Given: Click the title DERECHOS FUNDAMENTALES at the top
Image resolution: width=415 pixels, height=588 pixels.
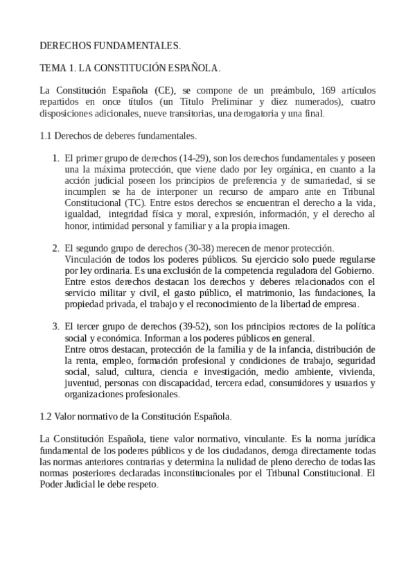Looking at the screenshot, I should (110, 46).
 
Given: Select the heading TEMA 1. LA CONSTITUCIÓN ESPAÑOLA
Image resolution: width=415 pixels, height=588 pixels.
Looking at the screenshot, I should (130, 69).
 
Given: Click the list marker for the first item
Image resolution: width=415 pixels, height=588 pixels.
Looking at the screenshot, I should (56, 159).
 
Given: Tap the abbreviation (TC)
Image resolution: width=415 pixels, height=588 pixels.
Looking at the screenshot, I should (136, 203).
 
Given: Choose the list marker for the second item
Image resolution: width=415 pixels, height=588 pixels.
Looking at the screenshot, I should (56, 248).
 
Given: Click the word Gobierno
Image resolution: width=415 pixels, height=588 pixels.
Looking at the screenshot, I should (355, 270).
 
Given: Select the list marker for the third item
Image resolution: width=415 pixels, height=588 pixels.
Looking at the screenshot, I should (56, 327).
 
